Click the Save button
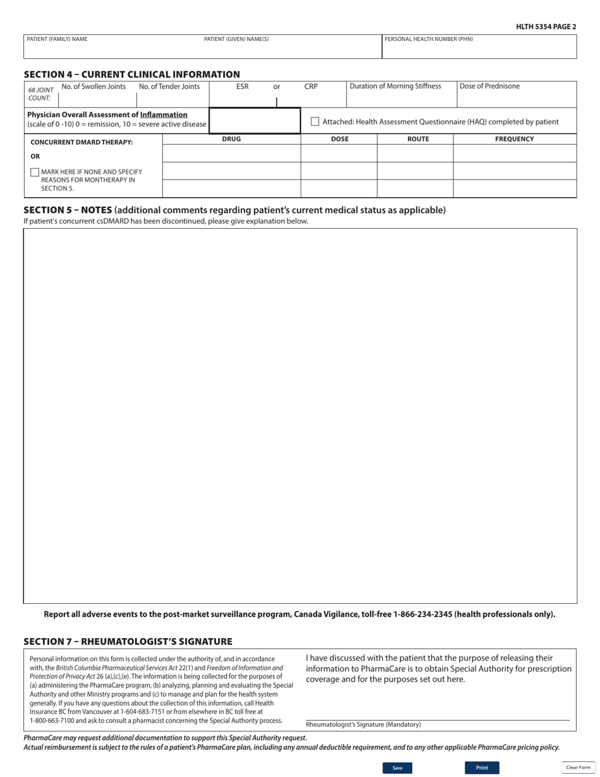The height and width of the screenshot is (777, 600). pyautogui.click(x=397, y=768)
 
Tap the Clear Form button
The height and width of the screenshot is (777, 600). pyautogui.click(x=578, y=768)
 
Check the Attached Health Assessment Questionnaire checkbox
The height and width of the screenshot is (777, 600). pyautogui.click(x=315, y=121)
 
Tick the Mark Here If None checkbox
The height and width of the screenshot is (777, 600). pyautogui.click(x=35, y=172)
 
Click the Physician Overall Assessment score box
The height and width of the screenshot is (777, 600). pyautogui.click(x=255, y=121)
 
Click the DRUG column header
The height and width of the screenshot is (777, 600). pyautogui.click(x=231, y=139)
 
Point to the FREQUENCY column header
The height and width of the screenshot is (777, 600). pyautogui.click(x=514, y=139)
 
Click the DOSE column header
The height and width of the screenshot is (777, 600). pyautogui.click(x=339, y=139)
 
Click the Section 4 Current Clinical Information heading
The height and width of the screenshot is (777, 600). pyautogui.click(x=131, y=75)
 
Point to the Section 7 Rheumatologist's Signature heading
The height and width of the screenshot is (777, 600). pyautogui.click(x=128, y=642)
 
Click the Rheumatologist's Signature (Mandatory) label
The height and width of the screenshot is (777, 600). pyautogui.click(x=363, y=725)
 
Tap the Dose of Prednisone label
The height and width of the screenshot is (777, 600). pyautogui.click(x=489, y=87)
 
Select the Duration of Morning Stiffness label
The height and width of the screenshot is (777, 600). pyautogui.click(x=395, y=87)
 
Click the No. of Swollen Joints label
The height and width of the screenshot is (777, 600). pyautogui.click(x=93, y=87)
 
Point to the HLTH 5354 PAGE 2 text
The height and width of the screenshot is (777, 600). pyautogui.click(x=546, y=27)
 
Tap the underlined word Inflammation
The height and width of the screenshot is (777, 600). pyautogui.click(x=164, y=114)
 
